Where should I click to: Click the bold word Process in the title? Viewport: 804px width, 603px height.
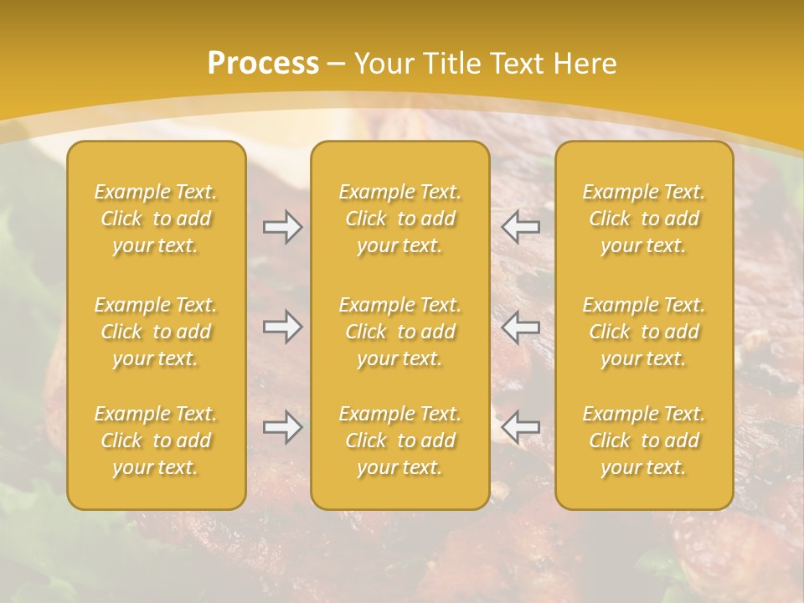point(263,64)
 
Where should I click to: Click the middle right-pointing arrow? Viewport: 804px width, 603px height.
point(283,327)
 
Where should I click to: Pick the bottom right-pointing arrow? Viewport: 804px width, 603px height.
point(283,428)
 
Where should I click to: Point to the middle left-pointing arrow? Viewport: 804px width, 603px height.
point(521,327)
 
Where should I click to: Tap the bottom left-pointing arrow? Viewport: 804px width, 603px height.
point(521,428)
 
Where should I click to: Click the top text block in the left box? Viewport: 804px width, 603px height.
point(156,219)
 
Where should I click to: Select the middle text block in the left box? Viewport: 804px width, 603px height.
point(156,332)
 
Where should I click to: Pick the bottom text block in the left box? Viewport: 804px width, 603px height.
point(156,441)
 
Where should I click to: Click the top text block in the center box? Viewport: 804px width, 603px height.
point(400,219)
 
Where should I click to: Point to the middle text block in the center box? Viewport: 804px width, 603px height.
point(400,332)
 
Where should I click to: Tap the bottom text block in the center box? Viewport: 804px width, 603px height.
point(400,441)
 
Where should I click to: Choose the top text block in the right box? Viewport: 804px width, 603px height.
point(644,219)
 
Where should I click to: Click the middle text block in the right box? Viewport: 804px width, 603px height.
point(644,332)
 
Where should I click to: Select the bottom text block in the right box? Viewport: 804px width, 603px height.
point(644,441)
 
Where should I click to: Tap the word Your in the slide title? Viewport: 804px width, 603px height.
point(381,64)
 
